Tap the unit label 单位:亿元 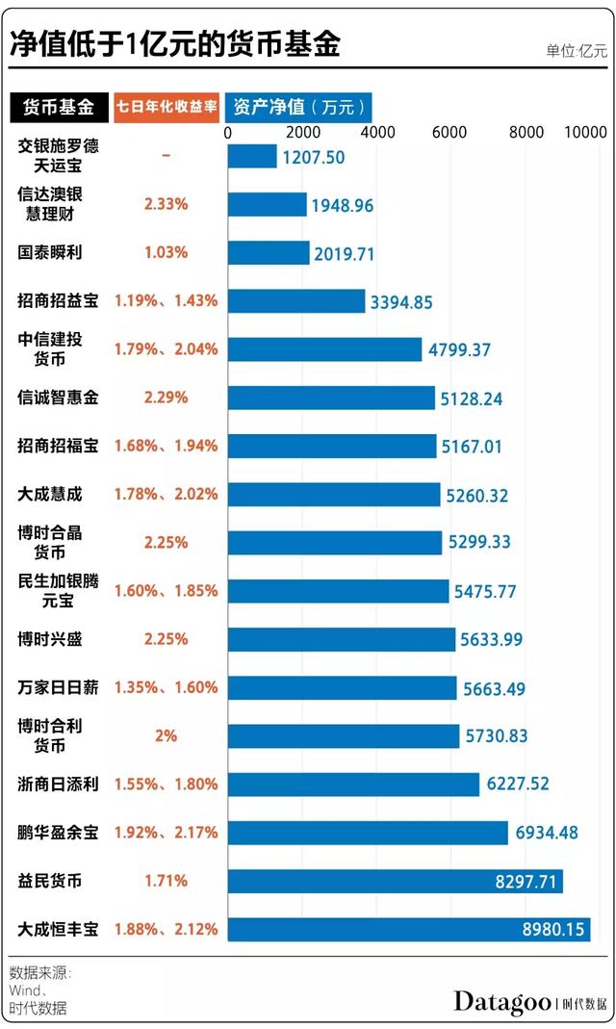coord(577,51)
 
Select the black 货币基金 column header coord(59,107)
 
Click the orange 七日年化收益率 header coord(166,107)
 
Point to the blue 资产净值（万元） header coord(298,107)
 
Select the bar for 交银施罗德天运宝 coord(252,156)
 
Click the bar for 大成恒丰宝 coord(408,929)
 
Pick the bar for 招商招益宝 coord(296,301)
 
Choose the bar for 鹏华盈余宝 coord(368,833)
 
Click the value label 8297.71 coord(524,881)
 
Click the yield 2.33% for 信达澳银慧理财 coord(166,204)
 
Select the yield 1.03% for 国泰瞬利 coord(166,252)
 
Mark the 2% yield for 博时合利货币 coord(166,735)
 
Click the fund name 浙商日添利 coord(58,784)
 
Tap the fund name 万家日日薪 coord(58,687)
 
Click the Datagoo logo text coord(501,1002)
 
